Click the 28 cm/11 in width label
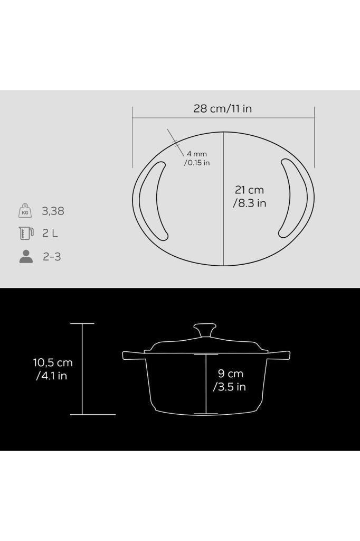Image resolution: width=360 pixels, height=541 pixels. coord(222,109)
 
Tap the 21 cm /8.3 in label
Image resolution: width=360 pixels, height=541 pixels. coord(249,196)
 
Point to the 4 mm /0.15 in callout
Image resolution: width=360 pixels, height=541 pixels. coord(197,158)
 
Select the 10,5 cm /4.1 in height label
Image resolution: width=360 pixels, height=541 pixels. coord(52,369)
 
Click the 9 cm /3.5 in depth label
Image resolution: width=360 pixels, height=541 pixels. coord(230,380)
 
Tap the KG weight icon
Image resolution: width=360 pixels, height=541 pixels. coord(25,210)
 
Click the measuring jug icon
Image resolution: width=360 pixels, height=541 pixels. coord(25,232)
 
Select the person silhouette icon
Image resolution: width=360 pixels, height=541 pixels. coord(25,257)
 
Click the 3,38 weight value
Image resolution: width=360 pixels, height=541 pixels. coord(53,211)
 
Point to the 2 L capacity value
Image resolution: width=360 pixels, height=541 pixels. coord(50,233)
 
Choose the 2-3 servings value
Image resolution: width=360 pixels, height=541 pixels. coord(52,257)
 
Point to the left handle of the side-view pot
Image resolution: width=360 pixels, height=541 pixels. coord(134,355)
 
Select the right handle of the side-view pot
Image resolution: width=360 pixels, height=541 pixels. coord(278,355)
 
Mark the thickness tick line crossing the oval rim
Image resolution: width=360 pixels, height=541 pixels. coord(175,141)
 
